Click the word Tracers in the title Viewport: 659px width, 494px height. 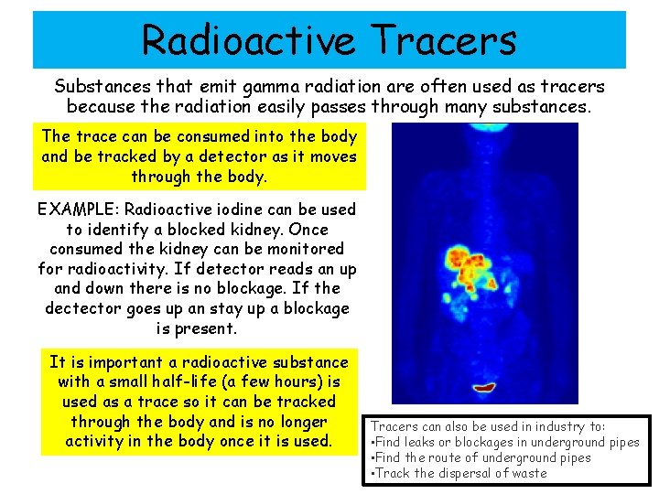[444, 39]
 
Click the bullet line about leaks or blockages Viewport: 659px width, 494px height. [504, 442]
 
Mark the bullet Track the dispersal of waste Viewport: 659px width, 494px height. [458, 473]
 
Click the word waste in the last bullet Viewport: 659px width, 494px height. [529, 473]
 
